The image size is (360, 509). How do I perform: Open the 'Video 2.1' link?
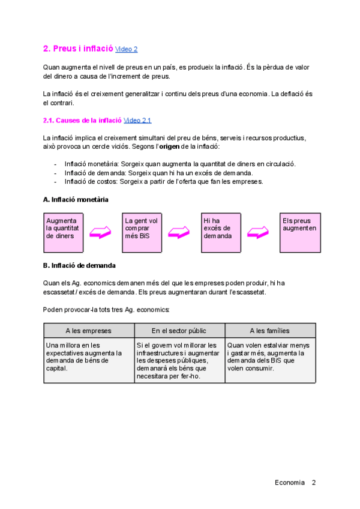137,121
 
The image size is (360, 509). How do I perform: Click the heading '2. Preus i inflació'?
78,49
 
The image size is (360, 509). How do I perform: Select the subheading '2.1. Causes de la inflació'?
82,121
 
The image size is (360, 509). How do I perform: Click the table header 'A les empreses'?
89,331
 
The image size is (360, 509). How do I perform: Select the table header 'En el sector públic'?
179,331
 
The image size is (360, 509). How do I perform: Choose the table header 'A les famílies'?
270,331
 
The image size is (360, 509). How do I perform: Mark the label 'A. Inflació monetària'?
76,199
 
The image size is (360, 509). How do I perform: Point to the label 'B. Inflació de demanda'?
79,265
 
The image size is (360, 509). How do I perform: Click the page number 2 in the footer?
314,483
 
